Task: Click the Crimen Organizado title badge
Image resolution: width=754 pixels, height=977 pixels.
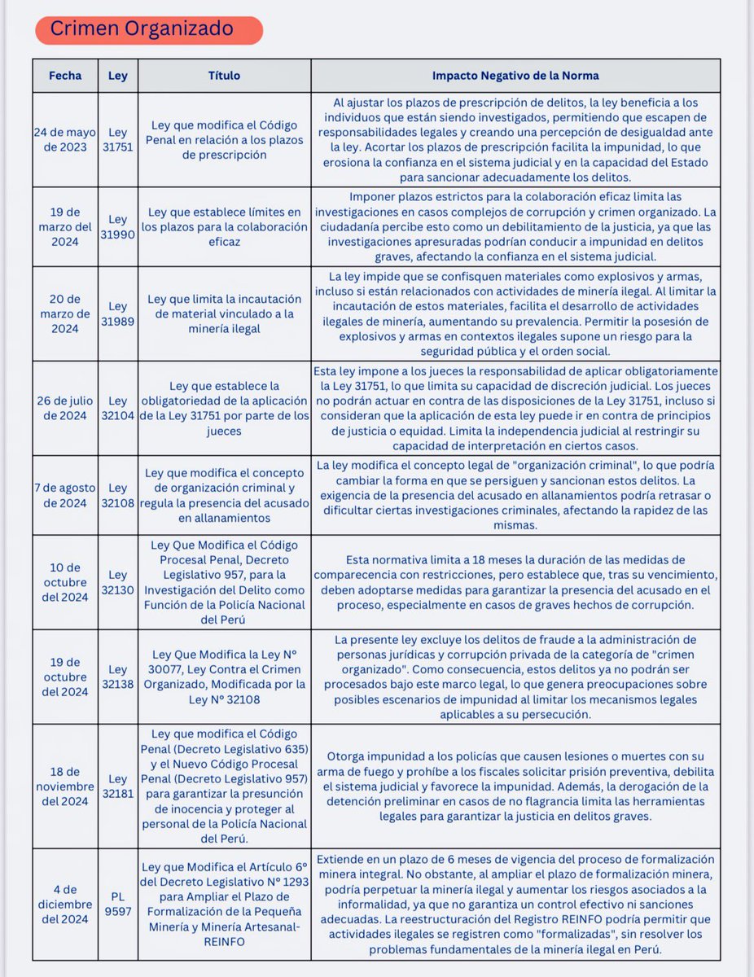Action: click(149, 30)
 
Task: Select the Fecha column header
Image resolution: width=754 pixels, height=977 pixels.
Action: click(65, 76)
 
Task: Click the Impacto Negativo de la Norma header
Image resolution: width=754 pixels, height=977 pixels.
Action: click(515, 76)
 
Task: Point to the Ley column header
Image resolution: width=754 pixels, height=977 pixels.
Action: click(118, 76)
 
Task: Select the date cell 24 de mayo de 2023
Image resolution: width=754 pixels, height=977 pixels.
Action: click(65, 140)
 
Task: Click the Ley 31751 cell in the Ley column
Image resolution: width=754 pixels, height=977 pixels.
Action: click(118, 140)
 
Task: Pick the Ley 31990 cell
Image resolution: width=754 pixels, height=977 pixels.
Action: click(118, 227)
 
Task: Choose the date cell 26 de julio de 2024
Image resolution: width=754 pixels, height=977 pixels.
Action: click(65, 408)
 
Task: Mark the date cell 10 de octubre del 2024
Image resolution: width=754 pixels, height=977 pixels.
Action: click(65, 581)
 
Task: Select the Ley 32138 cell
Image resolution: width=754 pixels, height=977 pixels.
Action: click(118, 677)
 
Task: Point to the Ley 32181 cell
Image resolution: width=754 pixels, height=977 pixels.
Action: click(118, 786)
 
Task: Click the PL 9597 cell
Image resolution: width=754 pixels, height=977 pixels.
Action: click(118, 901)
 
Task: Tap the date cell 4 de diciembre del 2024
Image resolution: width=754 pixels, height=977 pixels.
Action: click(65, 901)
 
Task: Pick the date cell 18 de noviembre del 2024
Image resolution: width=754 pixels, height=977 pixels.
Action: click(65, 786)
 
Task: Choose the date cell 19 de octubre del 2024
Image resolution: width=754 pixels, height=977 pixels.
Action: click(65, 677)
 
